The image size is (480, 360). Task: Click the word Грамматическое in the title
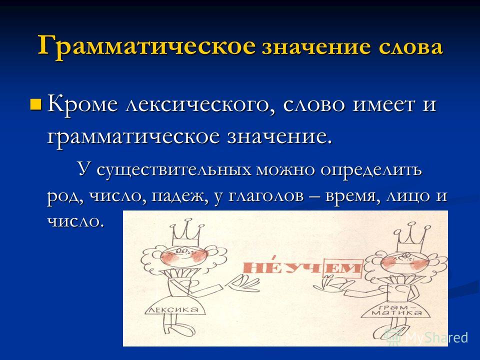[146, 46]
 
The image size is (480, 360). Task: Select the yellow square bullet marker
[36, 104]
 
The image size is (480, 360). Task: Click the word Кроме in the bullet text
[82, 104]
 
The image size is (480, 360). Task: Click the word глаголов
[266, 196]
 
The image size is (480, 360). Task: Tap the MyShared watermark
[427, 337]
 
